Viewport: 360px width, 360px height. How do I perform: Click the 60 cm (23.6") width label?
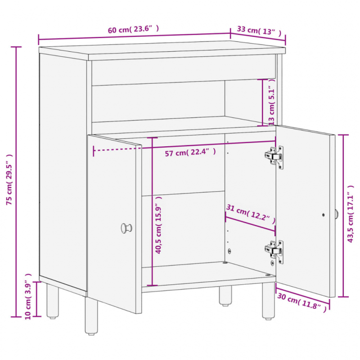[133, 29]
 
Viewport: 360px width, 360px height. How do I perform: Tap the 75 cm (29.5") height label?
[9, 180]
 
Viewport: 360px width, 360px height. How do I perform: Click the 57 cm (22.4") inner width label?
[190, 152]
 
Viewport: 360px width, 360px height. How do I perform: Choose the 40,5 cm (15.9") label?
[158, 225]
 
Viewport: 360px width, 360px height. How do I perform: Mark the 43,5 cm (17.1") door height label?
[351, 214]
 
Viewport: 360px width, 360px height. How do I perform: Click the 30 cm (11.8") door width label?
[301, 302]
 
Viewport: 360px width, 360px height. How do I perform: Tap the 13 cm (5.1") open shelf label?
[272, 102]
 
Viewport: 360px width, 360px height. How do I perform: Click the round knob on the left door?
[126, 228]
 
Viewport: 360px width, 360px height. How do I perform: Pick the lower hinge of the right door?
[274, 252]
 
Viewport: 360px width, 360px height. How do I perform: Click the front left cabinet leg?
[91, 316]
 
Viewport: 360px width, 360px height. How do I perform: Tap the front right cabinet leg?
[268, 301]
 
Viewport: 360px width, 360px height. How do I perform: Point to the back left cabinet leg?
[53, 301]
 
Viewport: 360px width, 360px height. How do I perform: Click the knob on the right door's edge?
[336, 214]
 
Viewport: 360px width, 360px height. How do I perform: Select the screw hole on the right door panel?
[323, 215]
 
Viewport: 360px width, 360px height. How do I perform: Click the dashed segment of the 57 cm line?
[117, 149]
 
